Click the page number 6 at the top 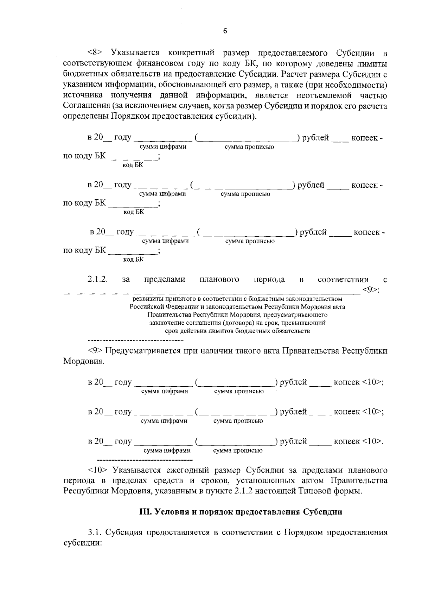pyautogui.click(x=225, y=31)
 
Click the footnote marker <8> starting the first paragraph pyautogui.click(x=95, y=53)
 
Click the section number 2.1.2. pyautogui.click(x=97, y=279)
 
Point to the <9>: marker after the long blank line pyautogui.click(x=374, y=289)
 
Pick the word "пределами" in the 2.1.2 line pyautogui.click(x=165, y=280)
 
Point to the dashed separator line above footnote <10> pyautogui.click(x=144, y=460)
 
